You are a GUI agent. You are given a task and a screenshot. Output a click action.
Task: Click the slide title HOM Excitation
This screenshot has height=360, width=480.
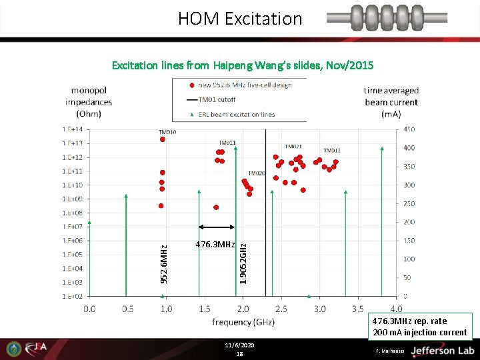(240, 19)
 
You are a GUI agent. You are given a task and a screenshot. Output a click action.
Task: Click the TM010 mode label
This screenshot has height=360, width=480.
(167, 132)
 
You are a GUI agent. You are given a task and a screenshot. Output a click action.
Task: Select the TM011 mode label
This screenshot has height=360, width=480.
(227, 143)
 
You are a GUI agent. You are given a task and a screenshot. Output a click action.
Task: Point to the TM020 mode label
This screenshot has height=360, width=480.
(257, 173)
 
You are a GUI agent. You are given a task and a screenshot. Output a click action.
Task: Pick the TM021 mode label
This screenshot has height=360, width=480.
(294, 147)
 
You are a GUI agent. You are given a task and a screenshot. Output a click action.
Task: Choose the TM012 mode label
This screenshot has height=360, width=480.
(332, 151)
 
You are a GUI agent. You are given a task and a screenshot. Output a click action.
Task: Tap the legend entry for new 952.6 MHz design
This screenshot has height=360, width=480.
(244, 85)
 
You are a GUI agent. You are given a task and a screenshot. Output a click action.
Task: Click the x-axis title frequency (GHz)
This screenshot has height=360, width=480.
(243, 322)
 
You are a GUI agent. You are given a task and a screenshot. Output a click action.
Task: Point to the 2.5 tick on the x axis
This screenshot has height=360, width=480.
(281, 309)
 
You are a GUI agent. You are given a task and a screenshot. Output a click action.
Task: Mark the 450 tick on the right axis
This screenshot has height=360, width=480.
(409, 129)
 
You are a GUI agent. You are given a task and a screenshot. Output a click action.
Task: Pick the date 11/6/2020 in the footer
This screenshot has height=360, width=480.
(239, 345)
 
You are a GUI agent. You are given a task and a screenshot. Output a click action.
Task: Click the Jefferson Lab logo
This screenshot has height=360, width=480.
(441, 350)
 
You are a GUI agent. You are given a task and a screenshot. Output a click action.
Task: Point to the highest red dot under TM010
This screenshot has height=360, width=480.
(162, 139)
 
